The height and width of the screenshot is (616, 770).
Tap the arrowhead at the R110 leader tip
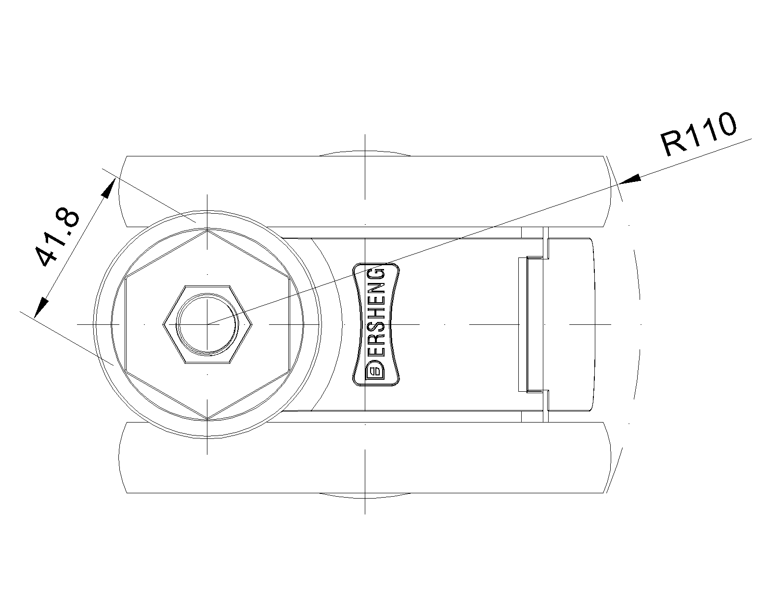(629, 180)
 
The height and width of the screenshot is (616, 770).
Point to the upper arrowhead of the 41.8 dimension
(108, 188)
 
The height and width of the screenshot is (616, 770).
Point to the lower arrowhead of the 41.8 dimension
(41, 308)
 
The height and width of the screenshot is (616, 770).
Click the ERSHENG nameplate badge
(376, 324)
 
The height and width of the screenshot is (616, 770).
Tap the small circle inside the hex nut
(207, 324)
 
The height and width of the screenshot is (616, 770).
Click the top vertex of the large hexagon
(207, 230)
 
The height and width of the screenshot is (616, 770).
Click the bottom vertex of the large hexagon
(207, 419)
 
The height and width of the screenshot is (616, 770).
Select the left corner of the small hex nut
(163, 325)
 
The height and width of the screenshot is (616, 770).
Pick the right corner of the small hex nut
(252, 325)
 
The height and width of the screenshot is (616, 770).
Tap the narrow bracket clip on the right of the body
(533, 324)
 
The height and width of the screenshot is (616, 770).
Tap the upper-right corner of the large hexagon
(289, 277)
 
